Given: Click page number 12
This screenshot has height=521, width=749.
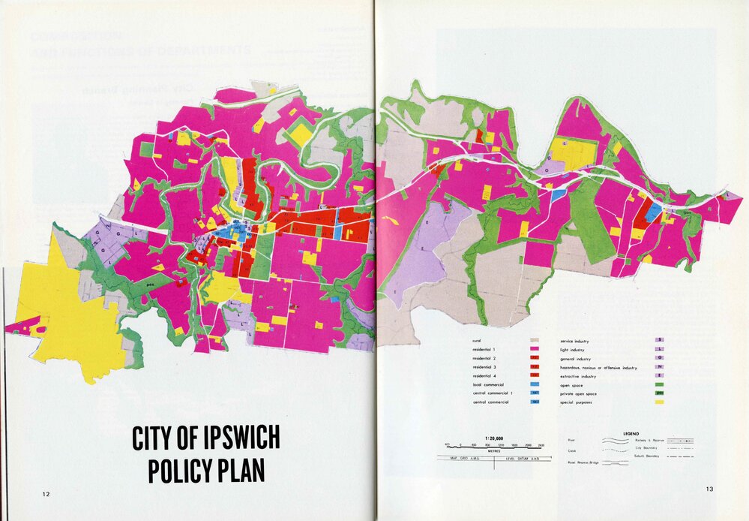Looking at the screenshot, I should tap(46, 494).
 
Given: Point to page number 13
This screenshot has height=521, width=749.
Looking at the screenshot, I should tap(709, 489).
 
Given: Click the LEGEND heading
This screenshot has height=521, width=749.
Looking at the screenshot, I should tap(631, 433).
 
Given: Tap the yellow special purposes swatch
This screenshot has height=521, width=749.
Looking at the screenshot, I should tap(660, 402).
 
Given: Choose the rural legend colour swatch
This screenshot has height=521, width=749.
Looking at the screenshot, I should tap(535, 341).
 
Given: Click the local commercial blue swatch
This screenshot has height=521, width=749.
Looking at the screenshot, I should tap(535, 385).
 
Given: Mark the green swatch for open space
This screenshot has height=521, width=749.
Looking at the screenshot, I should tap(660, 385).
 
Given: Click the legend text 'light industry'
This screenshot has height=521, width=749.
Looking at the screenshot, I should tap(573, 350).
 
